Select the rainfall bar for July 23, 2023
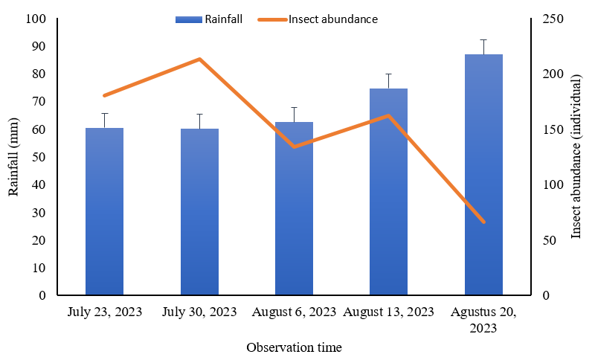(104, 212)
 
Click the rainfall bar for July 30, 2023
(199, 212)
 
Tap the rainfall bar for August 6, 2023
(294, 208)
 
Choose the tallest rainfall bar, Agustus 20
(483, 175)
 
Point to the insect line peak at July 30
(199, 59)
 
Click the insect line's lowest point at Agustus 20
(483, 222)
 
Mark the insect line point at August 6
(294, 147)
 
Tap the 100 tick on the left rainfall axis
(36, 19)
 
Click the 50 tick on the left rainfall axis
(39, 157)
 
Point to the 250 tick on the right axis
(550, 19)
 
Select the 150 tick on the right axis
(550, 129)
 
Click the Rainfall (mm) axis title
(13, 157)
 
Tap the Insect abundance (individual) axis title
(576, 157)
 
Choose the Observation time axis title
(295, 347)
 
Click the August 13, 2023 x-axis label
(389, 311)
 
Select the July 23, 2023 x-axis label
(104, 311)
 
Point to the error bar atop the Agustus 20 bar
(483, 46)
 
